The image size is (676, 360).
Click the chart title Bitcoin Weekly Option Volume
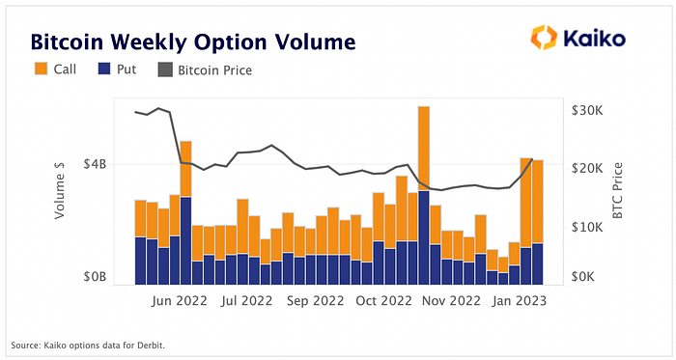pos(193,42)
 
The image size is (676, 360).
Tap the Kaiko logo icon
pos(544,37)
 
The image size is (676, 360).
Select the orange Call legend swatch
pos(41,69)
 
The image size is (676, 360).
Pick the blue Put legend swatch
pos(104,69)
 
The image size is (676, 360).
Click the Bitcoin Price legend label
pos(215,70)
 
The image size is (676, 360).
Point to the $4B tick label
pos(95,164)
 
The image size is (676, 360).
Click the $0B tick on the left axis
pos(95,276)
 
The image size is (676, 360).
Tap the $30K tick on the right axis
pos(587,111)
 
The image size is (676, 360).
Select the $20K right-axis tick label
pos(587,168)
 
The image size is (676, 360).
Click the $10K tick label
pos(587,227)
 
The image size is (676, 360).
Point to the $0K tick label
pos(583,276)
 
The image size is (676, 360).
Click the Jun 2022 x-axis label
pos(179,300)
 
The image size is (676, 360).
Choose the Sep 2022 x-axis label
pos(315,300)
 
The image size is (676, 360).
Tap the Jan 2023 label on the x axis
pos(520,300)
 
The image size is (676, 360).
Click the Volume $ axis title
pos(59,190)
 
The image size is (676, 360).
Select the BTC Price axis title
pos(617,190)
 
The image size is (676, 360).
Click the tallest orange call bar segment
pos(424,149)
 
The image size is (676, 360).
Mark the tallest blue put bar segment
pos(424,237)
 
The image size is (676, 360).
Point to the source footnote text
pos(88,346)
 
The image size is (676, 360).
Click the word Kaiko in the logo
pos(595,38)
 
